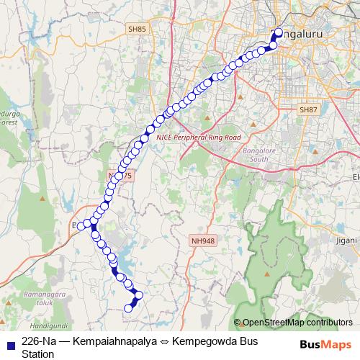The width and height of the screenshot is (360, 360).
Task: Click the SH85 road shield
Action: tap(137, 29)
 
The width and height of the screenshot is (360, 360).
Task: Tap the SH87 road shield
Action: tap(308, 109)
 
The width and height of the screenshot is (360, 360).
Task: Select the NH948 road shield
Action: tap(203, 240)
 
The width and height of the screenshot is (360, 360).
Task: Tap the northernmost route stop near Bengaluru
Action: tap(279, 32)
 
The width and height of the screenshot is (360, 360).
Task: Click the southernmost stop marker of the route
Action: tap(129, 309)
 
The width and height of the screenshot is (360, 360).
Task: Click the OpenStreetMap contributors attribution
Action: tap(297, 322)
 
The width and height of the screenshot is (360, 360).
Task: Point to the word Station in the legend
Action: tap(38, 354)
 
